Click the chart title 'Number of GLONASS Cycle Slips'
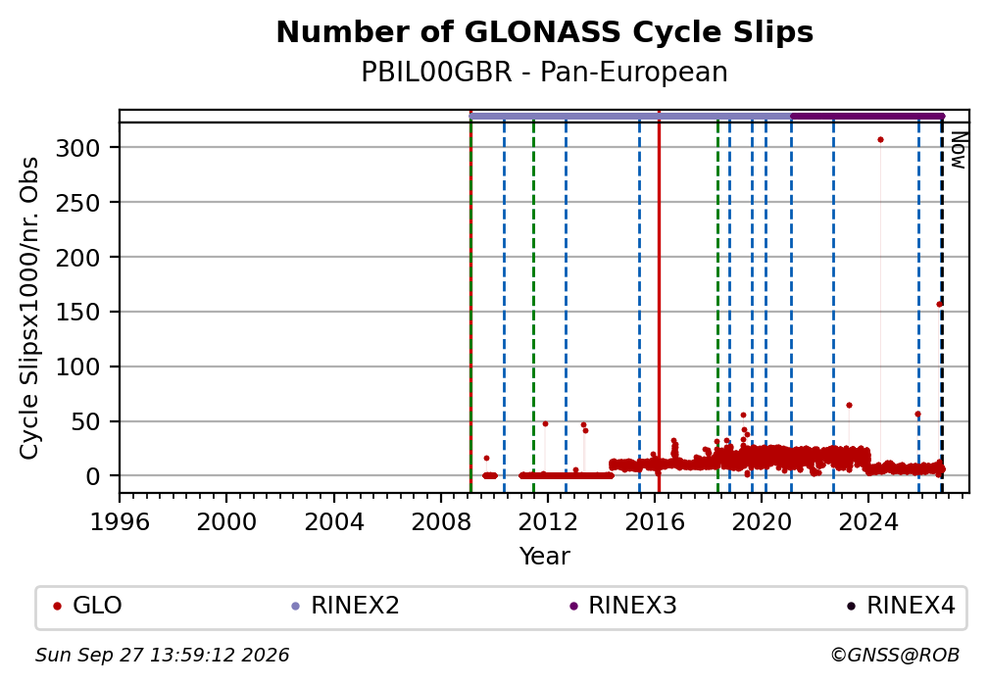[x=544, y=32]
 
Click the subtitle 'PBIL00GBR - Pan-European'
[x=544, y=73]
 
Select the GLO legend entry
[x=87, y=606]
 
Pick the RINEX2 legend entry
[x=345, y=606]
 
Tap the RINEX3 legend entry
[x=622, y=606]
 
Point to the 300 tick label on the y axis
[x=78, y=149]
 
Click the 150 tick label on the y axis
[x=78, y=313]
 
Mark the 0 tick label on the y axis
[x=92, y=476]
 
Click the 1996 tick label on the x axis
[x=120, y=522]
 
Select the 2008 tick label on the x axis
[x=440, y=522]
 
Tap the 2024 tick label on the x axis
[x=867, y=522]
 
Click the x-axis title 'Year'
[x=544, y=557]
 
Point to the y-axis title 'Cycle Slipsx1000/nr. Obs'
[x=29, y=308]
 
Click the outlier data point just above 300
[x=880, y=140]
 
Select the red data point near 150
[x=939, y=305]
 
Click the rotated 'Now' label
[x=958, y=150]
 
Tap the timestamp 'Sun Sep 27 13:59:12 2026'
[x=162, y=656]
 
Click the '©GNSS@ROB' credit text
[x=895, y=656]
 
